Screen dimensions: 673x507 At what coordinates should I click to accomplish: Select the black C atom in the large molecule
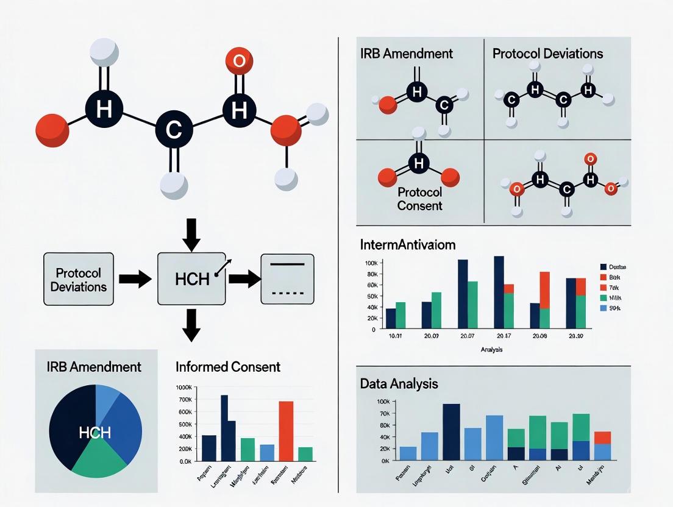(x=174, y=130)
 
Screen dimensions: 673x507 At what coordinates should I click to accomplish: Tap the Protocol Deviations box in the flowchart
(x=79, y=279)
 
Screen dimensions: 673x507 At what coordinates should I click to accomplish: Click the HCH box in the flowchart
(x=192, y=279)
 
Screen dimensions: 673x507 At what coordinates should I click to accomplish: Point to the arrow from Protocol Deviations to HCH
(x=135, y=279)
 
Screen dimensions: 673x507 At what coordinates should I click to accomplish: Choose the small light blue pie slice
(x=107, y=396)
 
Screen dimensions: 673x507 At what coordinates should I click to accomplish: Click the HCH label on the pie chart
(x=94, y=433)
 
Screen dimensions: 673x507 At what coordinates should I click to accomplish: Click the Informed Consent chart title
(x=228, y=367)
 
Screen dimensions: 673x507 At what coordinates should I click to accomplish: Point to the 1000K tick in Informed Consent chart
(x=183, y=388)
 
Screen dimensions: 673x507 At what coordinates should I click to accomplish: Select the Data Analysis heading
(x=399, y=384)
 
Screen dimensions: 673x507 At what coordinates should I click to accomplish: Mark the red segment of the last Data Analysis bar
(x=602, y=437)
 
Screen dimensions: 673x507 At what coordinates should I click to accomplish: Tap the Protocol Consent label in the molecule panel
(x=419, y=198)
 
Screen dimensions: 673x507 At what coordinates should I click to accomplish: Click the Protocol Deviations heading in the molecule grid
(x=547, y=53)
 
